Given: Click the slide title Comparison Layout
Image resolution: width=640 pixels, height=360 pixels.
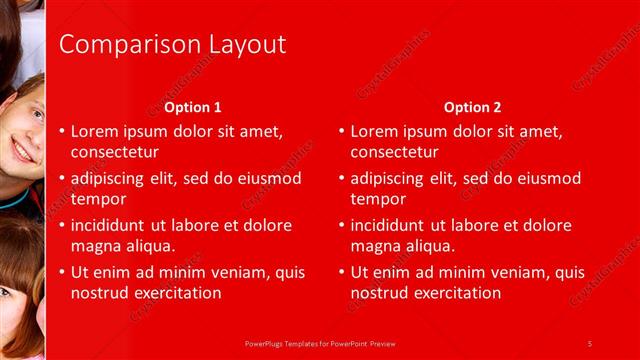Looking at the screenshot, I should click(172, 44).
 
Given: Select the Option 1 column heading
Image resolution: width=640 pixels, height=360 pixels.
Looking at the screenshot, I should click(193, 107).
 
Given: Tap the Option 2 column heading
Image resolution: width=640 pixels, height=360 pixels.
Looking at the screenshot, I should click(473, 107).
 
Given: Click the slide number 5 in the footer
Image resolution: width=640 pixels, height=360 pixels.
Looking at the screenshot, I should click(590, 343).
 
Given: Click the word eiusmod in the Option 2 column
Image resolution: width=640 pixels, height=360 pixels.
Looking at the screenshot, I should click(547, 178).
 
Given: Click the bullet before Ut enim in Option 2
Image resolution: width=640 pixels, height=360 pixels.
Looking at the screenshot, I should click(342, 272).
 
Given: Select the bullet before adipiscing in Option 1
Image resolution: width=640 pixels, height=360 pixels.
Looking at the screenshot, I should click(62, 178).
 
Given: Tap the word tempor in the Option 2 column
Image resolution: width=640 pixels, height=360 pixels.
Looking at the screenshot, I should click(378, 198).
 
